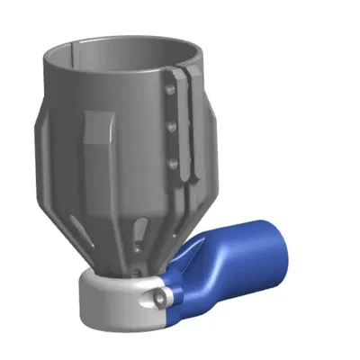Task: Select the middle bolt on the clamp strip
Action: click(x=171, y=127)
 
